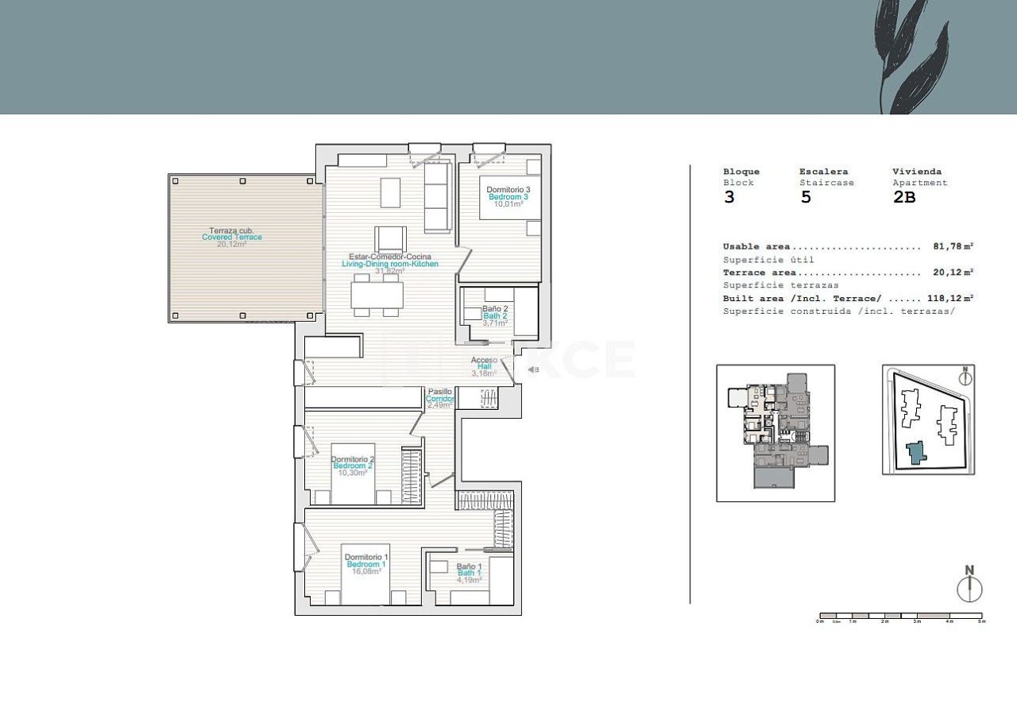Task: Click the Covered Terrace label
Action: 231,237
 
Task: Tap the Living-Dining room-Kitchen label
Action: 389,264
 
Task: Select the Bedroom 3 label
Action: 508,197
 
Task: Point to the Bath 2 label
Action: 495,315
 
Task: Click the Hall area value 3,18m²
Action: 483,373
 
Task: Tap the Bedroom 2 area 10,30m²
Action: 352,473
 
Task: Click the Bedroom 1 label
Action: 366,564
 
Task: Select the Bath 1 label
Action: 468,573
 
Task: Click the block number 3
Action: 729,198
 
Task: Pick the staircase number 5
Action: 806,198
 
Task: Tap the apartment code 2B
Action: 904,198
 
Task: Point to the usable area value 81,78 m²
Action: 953,247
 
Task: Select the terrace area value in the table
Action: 953,273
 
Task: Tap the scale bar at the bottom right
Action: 900,616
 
